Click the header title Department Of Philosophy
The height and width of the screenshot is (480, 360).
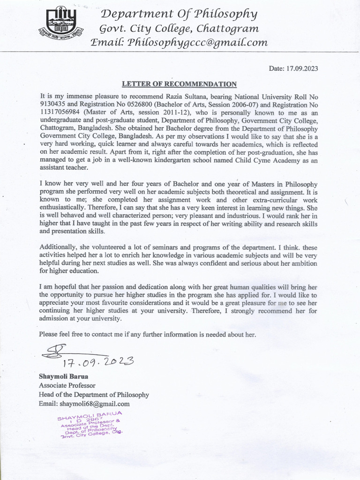pyautogui.click(x=179, y=14)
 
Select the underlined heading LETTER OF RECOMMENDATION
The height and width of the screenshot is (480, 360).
pyautogui.click(x=180, y=84)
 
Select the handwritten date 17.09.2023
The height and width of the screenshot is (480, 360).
pyautogui.click(x=98, y=361)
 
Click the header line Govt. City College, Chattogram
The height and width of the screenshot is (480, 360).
pyautogui.click(x=180, y=29)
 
